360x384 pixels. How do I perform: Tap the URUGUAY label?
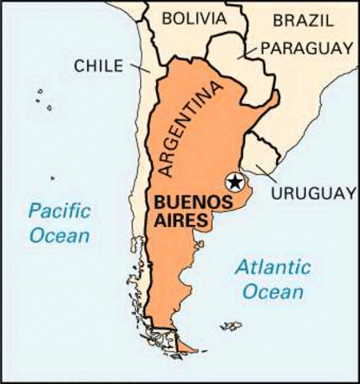(x=312, y=194)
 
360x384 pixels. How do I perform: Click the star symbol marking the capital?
(x=234, y=182)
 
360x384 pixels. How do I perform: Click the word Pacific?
(x=58, y=212)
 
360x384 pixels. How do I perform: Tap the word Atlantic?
(x=273, y=269)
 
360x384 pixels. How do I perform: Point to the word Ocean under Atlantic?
(x=274, y=292)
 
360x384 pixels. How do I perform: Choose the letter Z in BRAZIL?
(x=314, y=19)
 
